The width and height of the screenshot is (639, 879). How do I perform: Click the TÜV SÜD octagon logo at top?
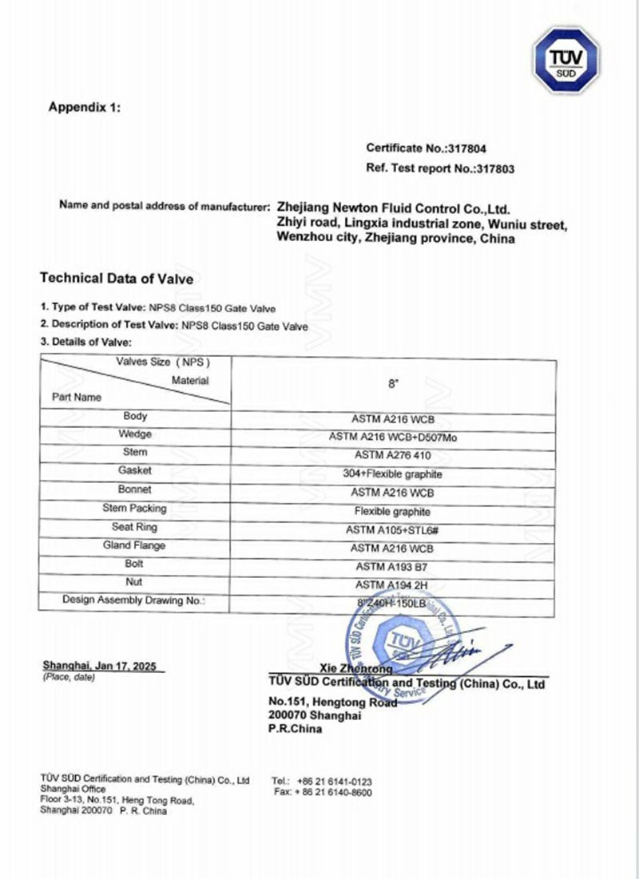[x=566, y=60]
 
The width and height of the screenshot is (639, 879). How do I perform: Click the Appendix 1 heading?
[x=85, y=107]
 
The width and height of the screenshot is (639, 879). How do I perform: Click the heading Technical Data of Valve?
[x=117, y=279]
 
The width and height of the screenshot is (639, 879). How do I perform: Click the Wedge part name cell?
[x=135, y=435]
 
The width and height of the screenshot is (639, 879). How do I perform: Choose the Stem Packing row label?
[x=135, y=508]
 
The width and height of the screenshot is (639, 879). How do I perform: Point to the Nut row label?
[x=135, y=582]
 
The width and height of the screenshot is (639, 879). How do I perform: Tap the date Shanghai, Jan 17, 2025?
[x=99, y=665]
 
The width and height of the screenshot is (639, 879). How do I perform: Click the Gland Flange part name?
[x=134, y=545]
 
